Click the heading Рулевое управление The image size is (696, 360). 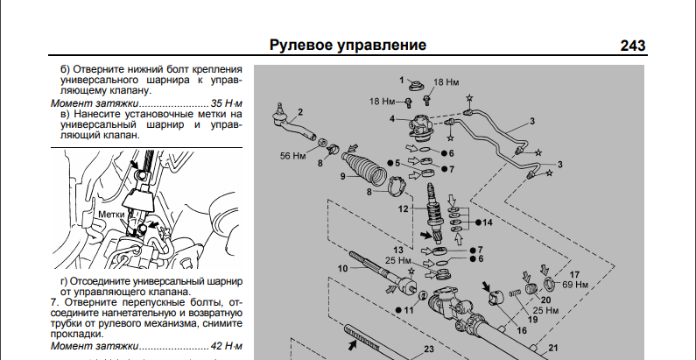pyautogui.click(x=348, y=45)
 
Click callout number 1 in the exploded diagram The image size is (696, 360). pyautogui.click(x=405, y=81)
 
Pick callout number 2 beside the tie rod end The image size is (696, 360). pyautogui.click(x=299, y=111)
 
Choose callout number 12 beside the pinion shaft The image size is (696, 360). pyautogui.click(x=404, y=209)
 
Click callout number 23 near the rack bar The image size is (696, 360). pyautogui.click(x=429, y=349)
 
